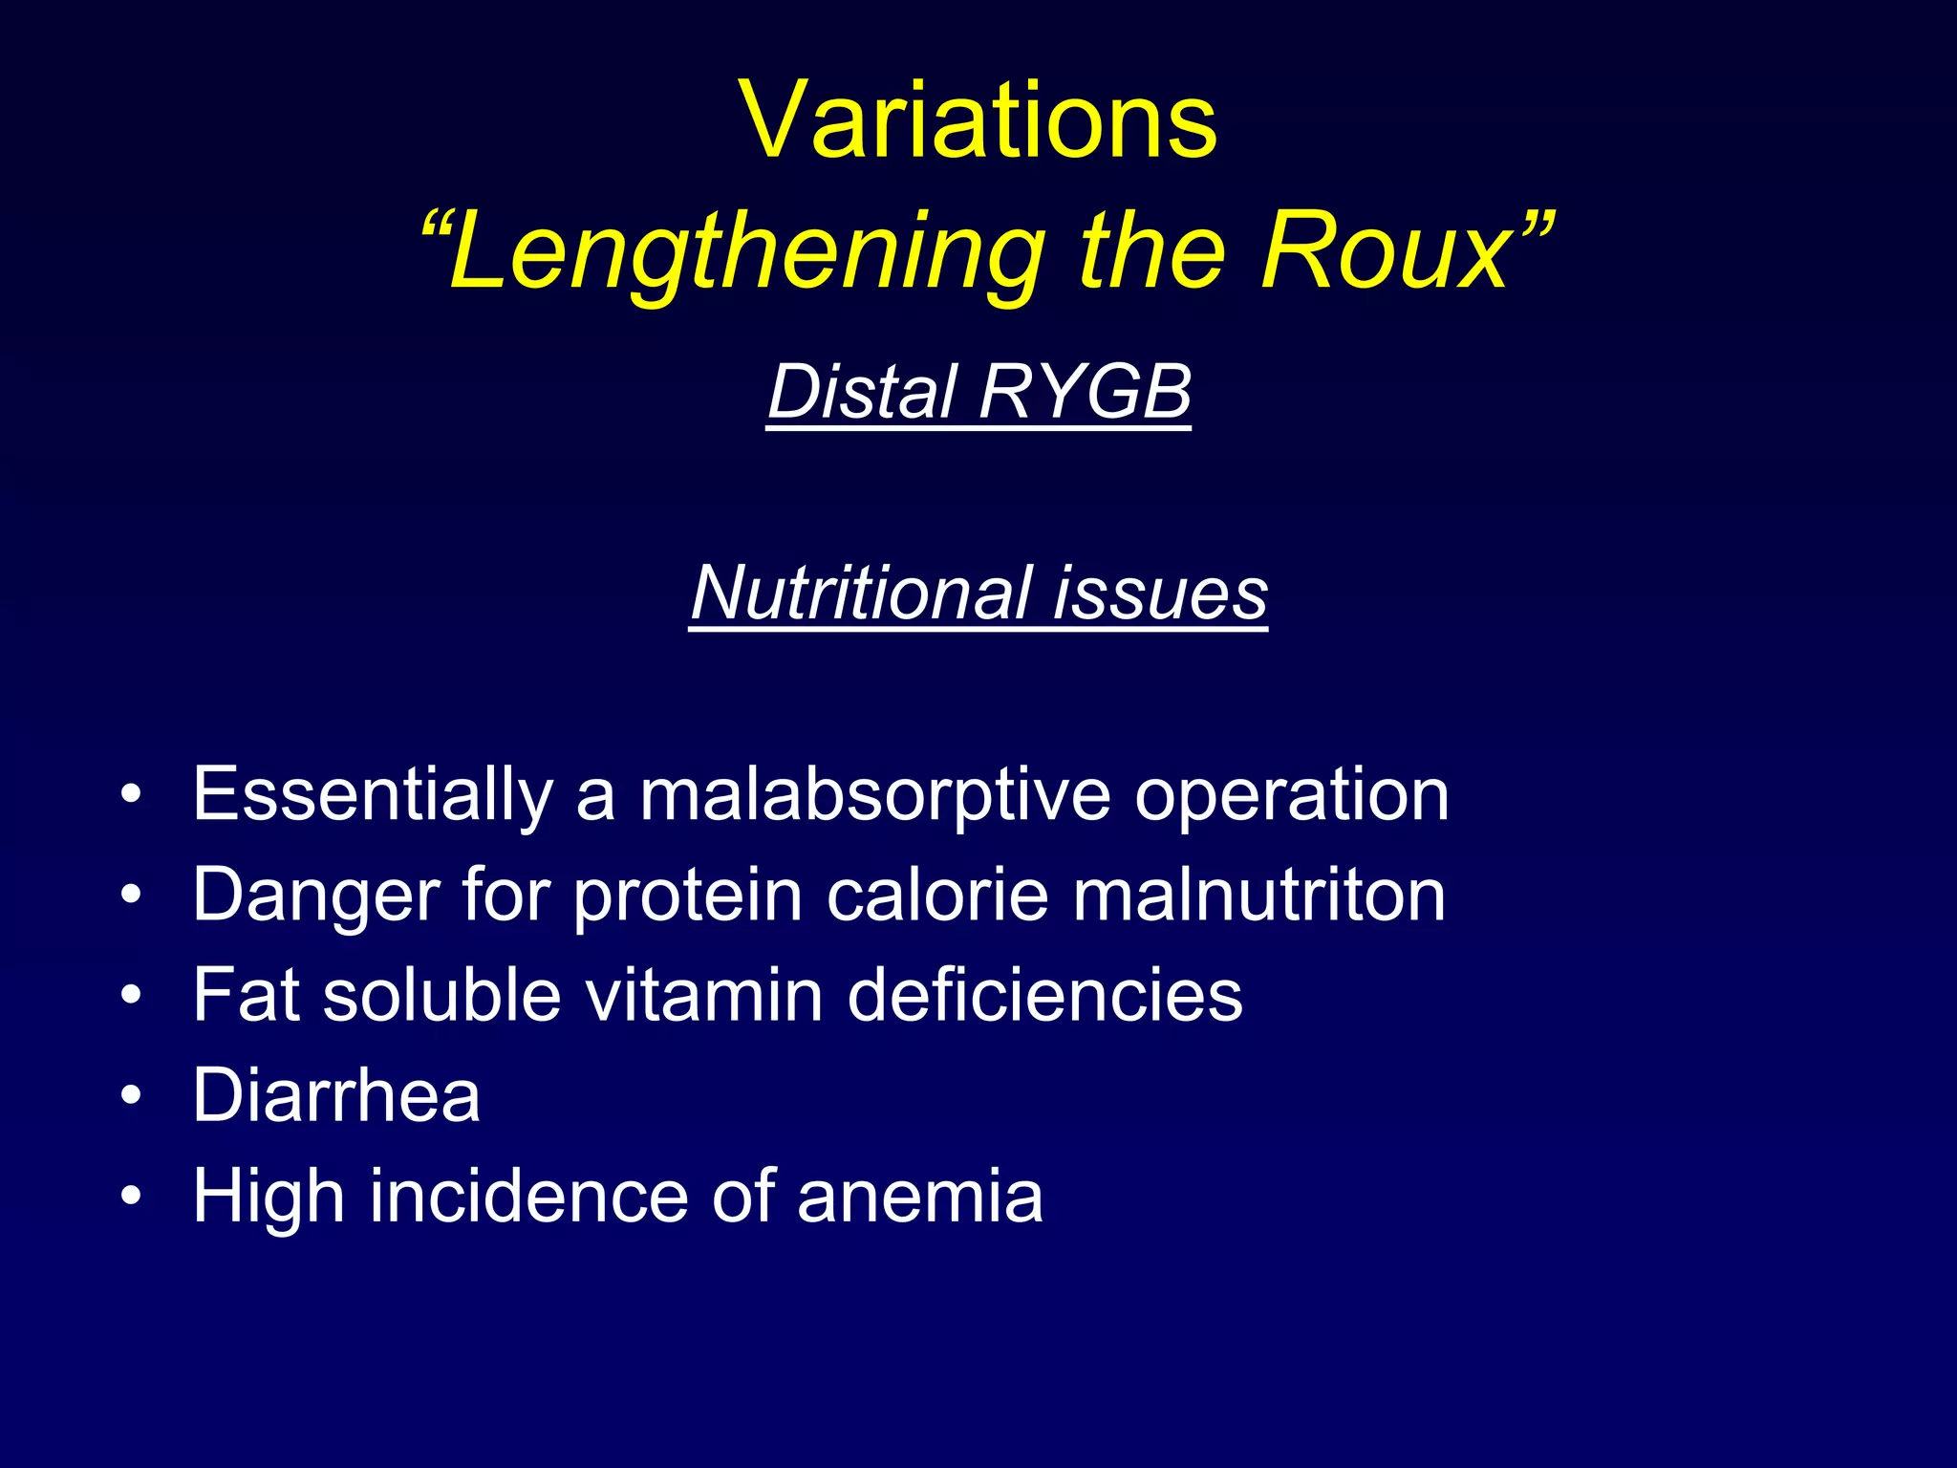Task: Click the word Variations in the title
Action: coord(978,120)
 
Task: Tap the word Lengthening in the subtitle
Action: coord(745,251)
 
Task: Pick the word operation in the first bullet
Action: coord(1291,795)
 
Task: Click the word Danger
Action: coord(316,896)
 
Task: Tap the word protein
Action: coord(688,896)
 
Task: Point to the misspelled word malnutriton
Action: coord(1258,896)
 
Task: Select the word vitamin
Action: coord(703,995)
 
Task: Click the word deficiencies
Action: coord(1044,995)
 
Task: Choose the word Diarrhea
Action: coord(335,1095)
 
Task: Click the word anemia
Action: coord(919,1196)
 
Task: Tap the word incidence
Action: coord(528,1196)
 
